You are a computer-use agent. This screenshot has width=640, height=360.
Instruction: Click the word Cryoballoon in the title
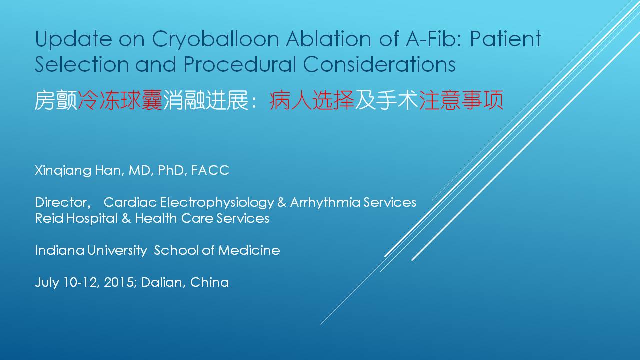[x=215, y=39]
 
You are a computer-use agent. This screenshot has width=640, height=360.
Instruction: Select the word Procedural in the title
[x=240, y=64]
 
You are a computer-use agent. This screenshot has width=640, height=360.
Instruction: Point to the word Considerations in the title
[x=379, y=64]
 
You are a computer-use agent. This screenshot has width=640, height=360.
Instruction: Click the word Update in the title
[x=73, y=39]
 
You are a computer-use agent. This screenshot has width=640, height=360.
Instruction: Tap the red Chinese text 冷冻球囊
[x=120, y=100]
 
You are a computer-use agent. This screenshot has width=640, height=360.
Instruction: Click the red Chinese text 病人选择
[x=312, y=100]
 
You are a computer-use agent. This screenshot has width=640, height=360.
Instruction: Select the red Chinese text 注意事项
[x=461, y=100]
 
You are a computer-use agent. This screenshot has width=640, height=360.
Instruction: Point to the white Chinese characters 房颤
[x=56, y=100]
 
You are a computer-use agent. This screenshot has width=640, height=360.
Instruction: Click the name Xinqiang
[x=63, y=171]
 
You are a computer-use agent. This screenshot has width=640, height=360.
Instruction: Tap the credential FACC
[x=210, y=170]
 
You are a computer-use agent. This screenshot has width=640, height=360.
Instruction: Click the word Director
[x=61, y=202]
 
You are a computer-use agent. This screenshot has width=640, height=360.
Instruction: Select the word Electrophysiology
[x=217, y=203]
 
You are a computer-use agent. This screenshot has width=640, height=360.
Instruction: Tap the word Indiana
[x=59, y=250]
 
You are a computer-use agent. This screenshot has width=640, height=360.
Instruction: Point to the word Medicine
[x=249, y=250]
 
